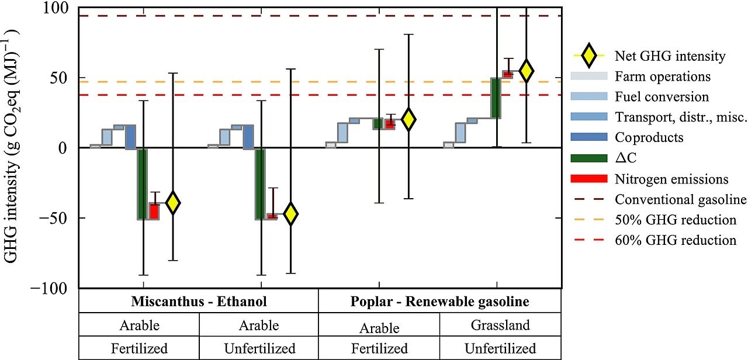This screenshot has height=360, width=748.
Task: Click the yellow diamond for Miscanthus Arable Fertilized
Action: (x=172, y=202)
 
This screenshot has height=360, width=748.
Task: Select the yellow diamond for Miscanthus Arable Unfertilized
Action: (x=290, y=214)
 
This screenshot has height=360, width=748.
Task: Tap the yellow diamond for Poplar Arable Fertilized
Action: (x=408, y=119)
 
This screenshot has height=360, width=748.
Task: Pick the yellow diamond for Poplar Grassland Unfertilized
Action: (x=527, y=70)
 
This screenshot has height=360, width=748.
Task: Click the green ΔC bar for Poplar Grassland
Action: (x=496, y=98)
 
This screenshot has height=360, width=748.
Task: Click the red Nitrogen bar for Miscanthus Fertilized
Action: (x=154, y=210)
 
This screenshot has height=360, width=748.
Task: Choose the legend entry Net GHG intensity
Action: (x=670, y=57)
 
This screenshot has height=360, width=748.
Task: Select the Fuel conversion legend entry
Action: (x=662, y=97)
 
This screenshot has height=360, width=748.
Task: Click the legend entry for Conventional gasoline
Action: (x=681, y=199)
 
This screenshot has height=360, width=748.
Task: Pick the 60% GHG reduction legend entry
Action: (x=676, y=240)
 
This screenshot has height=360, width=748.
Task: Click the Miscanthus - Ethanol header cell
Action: (x=199, y=302)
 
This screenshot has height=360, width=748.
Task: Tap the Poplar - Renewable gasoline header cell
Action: (x=439, y=302)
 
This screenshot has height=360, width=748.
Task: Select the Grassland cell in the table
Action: (x=500, y=324)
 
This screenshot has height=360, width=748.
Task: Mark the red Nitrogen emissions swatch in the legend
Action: (x=589, y=179)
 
